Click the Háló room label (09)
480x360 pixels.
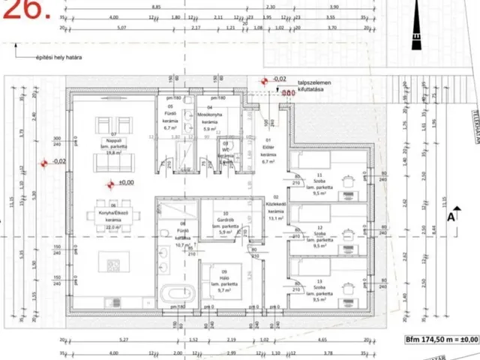pyautogui.click(x=224, y=280)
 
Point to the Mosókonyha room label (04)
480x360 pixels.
pyautogui.click(x=211, y=121)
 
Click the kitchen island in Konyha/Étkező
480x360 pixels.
pyautogui.click(x=114, y=263)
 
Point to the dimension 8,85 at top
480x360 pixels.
pyautogui.click(x=156, y=6)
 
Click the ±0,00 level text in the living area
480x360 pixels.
pyautogui.click(x=124, y=182)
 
